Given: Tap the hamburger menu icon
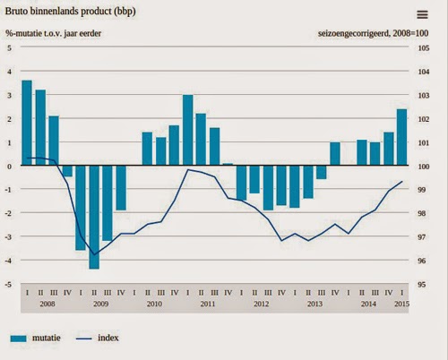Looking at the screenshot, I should click(x=422, y=13).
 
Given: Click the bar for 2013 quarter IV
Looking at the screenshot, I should click(x=335, y=154).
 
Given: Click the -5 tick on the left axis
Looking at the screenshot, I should click(x=9, y=285).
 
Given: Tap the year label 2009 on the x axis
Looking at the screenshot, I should click(x=99, y=305).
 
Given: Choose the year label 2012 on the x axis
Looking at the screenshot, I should click(x=261, y=305).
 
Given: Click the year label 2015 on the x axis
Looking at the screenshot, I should click(x=401, y=305).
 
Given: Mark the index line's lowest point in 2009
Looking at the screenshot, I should click(x=93, y=254).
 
